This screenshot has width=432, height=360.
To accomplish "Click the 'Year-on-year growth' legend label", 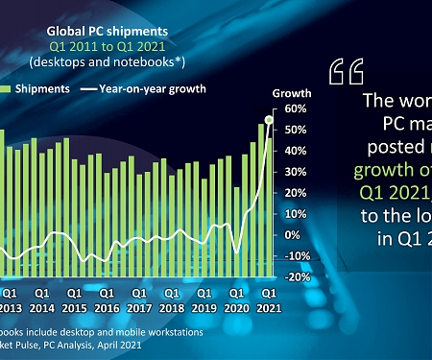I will [159, 88].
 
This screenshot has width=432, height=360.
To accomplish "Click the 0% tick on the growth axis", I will [294, 235].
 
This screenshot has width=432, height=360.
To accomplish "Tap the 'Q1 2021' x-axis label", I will [270, 300].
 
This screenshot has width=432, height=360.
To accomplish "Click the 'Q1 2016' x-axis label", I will [107, 300].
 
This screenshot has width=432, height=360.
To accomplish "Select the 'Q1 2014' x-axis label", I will [41, 300].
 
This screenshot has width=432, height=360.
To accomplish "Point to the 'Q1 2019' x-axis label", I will [204, 300].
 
